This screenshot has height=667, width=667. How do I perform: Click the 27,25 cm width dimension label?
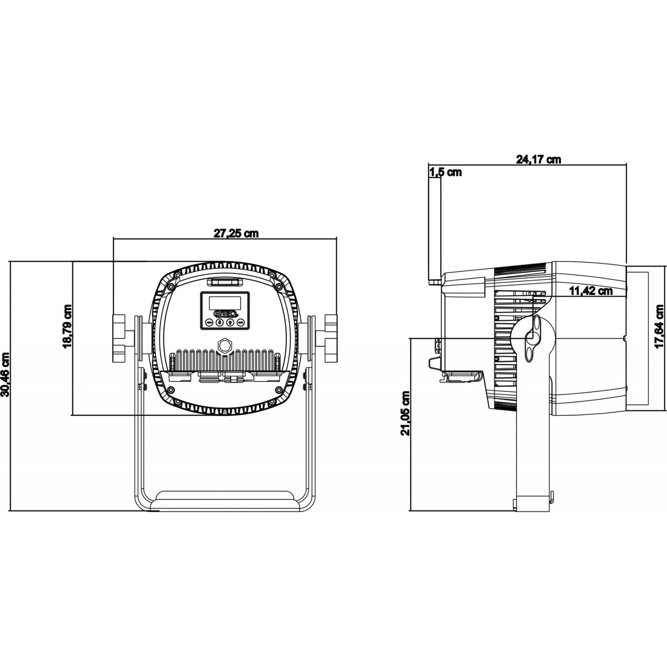coord(236,233)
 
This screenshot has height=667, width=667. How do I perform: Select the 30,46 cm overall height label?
coord(6,375)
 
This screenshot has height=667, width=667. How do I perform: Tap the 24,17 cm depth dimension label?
coord(538,159)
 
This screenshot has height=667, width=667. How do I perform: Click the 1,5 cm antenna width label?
coord(445,173)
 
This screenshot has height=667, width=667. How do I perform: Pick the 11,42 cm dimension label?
coord(590,291)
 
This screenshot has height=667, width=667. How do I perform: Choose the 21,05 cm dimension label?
coord(405,413)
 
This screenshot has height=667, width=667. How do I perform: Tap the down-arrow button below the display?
coord(219,323)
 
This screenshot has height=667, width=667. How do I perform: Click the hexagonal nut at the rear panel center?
coord(225,346)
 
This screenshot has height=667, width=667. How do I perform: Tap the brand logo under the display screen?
coord(225,314)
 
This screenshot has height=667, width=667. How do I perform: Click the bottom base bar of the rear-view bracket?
coord(225,503)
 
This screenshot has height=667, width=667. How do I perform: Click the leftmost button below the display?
coord(209,323)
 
